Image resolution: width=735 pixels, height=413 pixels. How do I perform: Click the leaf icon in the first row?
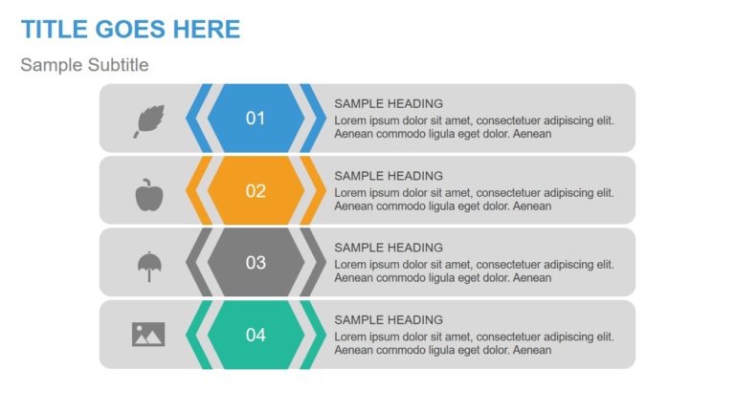point(148,120)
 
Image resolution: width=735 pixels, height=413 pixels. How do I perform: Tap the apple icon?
point(148,193)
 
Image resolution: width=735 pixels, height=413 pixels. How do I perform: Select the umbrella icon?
point(148,265)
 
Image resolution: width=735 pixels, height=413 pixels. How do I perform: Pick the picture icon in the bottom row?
point(148,334)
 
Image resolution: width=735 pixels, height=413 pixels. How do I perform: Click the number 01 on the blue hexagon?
point(256,119)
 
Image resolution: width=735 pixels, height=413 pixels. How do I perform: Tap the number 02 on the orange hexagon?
point(256,190)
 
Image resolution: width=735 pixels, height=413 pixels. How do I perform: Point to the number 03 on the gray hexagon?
point(256,262)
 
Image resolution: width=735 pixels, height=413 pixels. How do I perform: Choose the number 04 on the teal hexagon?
point(256,335)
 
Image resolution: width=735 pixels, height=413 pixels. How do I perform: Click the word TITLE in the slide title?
point(54,30)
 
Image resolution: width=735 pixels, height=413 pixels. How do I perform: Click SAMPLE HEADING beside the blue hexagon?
point(389,103)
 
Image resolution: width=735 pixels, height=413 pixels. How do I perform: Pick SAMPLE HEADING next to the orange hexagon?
point(389,176)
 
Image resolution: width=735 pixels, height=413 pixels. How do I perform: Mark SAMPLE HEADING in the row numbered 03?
point(389,248)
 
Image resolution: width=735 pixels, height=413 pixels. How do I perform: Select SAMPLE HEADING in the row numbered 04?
point(389,319)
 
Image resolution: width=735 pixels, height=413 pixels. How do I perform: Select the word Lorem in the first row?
point(351,120)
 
